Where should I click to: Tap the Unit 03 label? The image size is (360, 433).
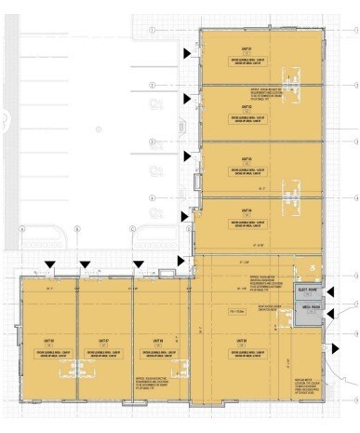tap(247, 159)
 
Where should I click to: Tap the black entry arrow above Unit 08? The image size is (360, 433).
tap(48, 264)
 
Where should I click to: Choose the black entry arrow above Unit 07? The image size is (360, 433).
tap(86, 264)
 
